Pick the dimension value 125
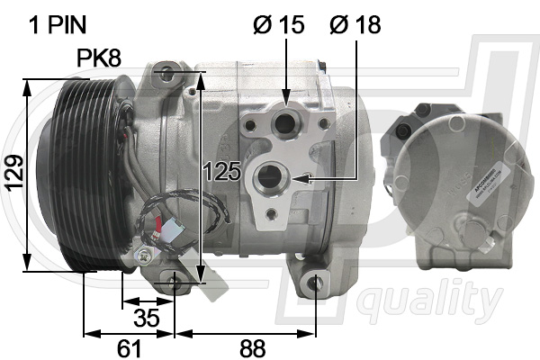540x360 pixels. pyautogui.click(x=221, y=171)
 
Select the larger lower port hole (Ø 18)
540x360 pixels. pyautogui.click(x=270, y=179)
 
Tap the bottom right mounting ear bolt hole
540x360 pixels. pyautogui.click(x=316, y=284)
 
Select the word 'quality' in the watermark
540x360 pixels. pyautogui.click(x=423, y=300)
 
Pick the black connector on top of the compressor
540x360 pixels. pyautogui.click(x=324, y=63)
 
